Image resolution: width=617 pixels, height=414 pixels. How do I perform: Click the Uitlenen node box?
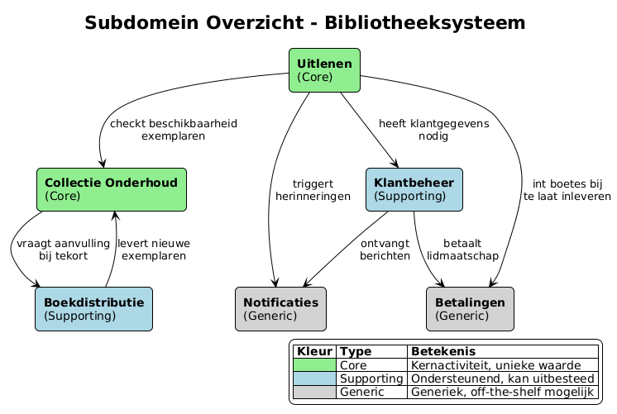coord(324,70)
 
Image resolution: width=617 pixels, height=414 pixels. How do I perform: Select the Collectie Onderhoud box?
coord(112,189)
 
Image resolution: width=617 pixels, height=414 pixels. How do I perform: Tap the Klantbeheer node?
coord(414,189)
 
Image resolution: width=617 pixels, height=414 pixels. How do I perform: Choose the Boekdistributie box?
coord(93,308)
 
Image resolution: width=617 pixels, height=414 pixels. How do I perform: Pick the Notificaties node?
coord(280,308)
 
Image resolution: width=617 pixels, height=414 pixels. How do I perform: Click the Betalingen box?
coord(470,308)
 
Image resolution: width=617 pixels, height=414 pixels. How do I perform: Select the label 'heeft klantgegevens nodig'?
coord(433,130)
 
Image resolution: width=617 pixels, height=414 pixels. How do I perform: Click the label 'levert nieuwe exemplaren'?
coord(154,250)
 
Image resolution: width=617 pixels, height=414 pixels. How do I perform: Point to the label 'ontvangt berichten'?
coord(385,250)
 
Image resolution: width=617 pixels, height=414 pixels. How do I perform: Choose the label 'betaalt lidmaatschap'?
coord(462,250)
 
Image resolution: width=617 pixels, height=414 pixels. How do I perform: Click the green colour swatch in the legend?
coord(314,364)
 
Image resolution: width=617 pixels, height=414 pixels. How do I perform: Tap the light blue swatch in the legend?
coord(314,378)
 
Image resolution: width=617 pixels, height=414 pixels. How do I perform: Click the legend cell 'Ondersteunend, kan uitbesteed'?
coord(502,378)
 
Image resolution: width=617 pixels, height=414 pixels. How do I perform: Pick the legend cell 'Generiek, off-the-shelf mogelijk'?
coord(502,392)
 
